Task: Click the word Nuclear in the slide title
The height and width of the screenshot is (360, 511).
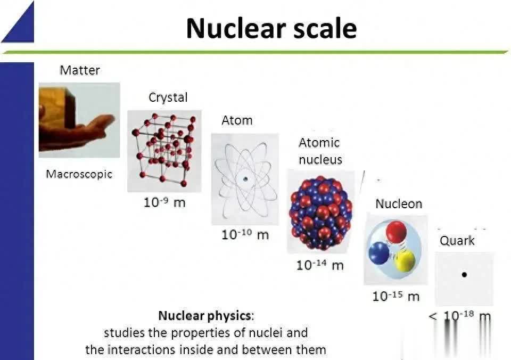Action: tap(236, 28)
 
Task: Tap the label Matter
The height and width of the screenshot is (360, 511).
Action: tap(80, 70)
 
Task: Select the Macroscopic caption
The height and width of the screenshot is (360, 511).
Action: tap(79, 174)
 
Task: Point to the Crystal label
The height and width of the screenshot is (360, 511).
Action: tap(168, 97)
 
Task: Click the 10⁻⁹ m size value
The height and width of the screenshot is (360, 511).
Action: tap(164, 202)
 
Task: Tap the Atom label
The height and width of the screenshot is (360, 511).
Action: tap(237, 120)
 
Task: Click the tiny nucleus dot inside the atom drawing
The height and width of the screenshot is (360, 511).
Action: tap(245, 179)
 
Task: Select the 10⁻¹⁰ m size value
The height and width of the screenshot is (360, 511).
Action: tap(245, 234)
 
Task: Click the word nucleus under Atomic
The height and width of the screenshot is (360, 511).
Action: tap(320, 160)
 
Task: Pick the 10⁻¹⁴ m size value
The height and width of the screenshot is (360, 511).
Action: tap(320, 265)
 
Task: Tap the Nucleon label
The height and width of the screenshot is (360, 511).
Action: tap(399, 204)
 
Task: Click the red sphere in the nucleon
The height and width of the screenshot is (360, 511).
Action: tap(396, 232)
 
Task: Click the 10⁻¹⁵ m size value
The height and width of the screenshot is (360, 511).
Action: tap(395, 297)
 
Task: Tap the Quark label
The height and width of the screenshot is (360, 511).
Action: tap(457, 241)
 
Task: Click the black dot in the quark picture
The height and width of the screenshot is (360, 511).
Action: tap(464, 275)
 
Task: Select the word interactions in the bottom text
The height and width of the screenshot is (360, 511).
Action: tap(141, 350)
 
